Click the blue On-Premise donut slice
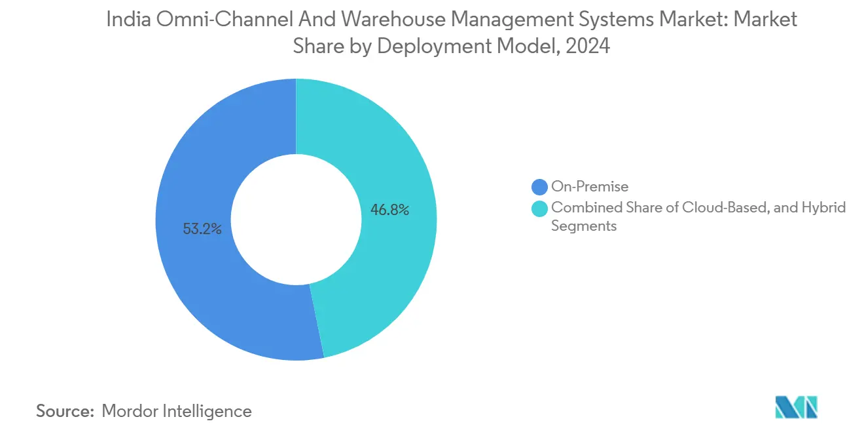[196, 262]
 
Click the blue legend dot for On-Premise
[540, 187]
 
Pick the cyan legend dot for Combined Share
[540, 208]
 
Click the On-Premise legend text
[590, 187]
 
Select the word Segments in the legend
[584, 226]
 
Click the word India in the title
[126, 20]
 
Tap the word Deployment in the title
[456, 46]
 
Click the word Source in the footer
[63, 411]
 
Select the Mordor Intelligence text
[177, 411]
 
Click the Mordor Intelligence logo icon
[796, 407]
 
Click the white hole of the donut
[296, 220]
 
